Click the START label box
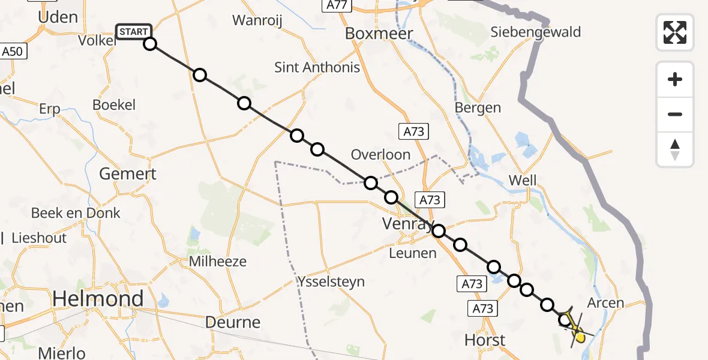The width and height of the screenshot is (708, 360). pos(134,31)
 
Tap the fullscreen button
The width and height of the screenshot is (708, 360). pos(675,32)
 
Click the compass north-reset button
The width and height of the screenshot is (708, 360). pos(675,149)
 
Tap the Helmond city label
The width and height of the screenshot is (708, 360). pos(98,298)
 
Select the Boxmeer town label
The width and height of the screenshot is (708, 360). pos(379,34)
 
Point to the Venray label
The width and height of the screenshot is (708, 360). pos(408,224)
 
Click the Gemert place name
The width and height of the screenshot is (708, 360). pos(127,174)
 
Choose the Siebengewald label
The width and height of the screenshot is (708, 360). pos(536,32)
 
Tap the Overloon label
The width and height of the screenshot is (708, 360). pos(380,154)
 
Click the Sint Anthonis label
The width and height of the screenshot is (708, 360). pos(317,67)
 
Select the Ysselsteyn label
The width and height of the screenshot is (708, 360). pos(331,281)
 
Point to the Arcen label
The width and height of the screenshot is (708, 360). pos(605,303)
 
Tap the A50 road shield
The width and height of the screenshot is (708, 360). pos(11,52)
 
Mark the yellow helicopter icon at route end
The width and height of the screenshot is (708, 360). pos(577,332)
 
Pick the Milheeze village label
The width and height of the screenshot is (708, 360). pos(218,262)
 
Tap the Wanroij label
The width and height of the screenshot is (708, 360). pos(257,20)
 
